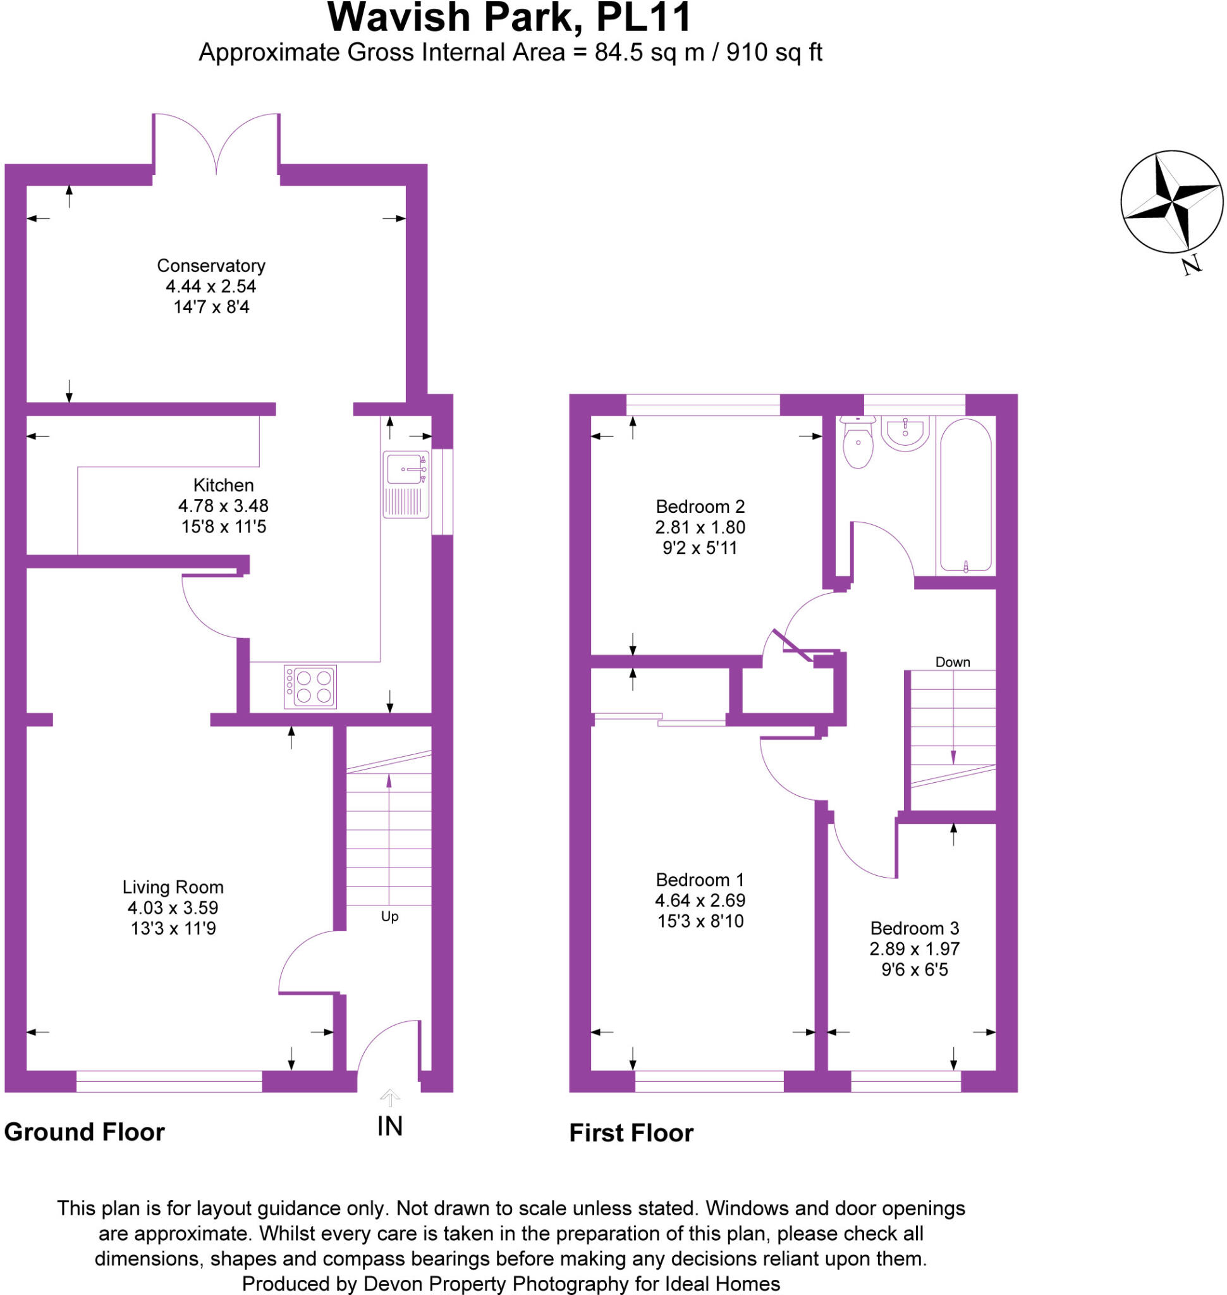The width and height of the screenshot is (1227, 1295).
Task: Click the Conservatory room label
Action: pyautogui.click(x=211, y=266)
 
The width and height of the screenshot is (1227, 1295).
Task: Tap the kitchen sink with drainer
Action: pyautogui.click(x=405, y=484)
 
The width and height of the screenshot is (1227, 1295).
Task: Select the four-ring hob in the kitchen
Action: pyautogui.click(x=310, y=687)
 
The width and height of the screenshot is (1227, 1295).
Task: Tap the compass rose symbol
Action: pyautogui.click(x=1171, y=202)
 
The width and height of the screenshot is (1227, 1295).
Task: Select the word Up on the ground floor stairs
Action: pyautogui.click(x=390, y=917)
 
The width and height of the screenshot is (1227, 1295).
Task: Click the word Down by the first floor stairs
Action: pyautogui.click(x=952, y=662)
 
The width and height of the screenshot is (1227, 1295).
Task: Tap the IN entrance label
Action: pyautogui.click(x=390, y=1126)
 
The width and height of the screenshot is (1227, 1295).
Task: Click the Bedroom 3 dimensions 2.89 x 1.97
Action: pyautogui.click(x=913, y=949)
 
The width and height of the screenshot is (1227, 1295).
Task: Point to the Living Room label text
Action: pyautogui.click(x=173, y=887)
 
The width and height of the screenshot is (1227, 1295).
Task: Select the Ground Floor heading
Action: pyautogui.click(x=84, y=1132)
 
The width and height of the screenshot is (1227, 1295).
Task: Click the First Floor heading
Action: pyautogui.click(x=630, y=1133)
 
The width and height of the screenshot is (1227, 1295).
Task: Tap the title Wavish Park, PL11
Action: pyautogui.click(x=509, y=18)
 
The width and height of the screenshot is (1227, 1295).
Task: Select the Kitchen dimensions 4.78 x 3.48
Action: pyautogui.click(x=223, y=506)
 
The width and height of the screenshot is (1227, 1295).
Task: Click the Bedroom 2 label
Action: pyautogui.click(x=700, y=506)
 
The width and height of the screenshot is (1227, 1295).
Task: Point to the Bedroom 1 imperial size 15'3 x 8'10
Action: pyautogui.click(x=700, y=921)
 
